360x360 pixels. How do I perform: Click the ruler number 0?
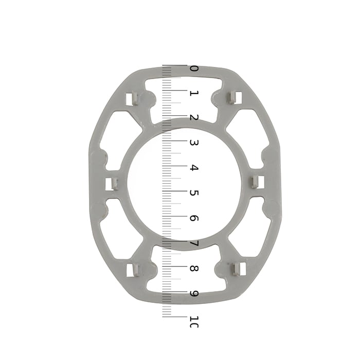(194, 69)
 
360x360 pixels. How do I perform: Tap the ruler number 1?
(194, 93)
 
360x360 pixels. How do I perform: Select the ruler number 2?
(194, 118)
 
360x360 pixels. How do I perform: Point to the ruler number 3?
(194, 142)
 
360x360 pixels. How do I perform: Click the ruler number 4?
(194, 168)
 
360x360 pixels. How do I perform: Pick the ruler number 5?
(194, 193)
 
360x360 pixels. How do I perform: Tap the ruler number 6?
(194, 218)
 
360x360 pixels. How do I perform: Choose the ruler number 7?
(194, 243)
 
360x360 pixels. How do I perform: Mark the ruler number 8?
(194, 268)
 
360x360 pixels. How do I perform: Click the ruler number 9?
(194, 294)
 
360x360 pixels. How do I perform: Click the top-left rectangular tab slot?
(132, 97)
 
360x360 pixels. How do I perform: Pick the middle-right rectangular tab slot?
(258, 182)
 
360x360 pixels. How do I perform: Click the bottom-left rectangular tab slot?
(133, 269)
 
